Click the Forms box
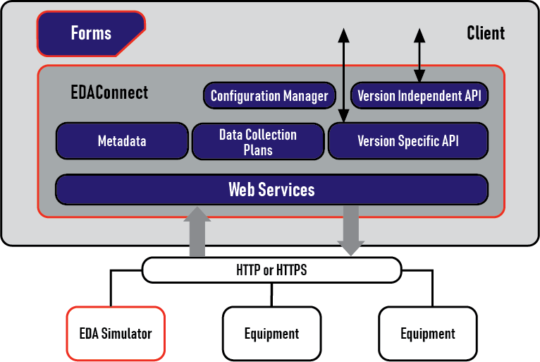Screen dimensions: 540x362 [x=91, y=33]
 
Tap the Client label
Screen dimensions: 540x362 [x=486, y=33]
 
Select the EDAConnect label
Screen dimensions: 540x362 [x=109, y=92]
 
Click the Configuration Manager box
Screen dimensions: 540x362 [x=269, y=95]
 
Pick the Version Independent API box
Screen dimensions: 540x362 [x=419, y=95]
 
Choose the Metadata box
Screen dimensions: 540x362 [x=122, y=141]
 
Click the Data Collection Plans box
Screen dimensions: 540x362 [x=258, y=142]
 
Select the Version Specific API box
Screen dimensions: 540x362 [x=408, y=141]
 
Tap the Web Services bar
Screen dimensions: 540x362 [x=271, y=190]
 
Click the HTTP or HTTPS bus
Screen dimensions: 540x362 [x=271, y=270]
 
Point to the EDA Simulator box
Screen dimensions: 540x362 [x=116, y=334]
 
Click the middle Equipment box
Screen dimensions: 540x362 [x=271, y=334]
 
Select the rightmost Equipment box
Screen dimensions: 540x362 [x=428, y=334]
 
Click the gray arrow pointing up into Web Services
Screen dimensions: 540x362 [x=197, y=231]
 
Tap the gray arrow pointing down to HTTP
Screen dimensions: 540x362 [x=351, y=231]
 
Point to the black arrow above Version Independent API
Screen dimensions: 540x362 [x=419, y=55]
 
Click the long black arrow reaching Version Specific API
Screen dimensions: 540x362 [x=343, y=76]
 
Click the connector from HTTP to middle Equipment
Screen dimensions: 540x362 [x=271, y=295]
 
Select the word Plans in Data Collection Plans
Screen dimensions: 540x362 [x=258, y=150]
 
